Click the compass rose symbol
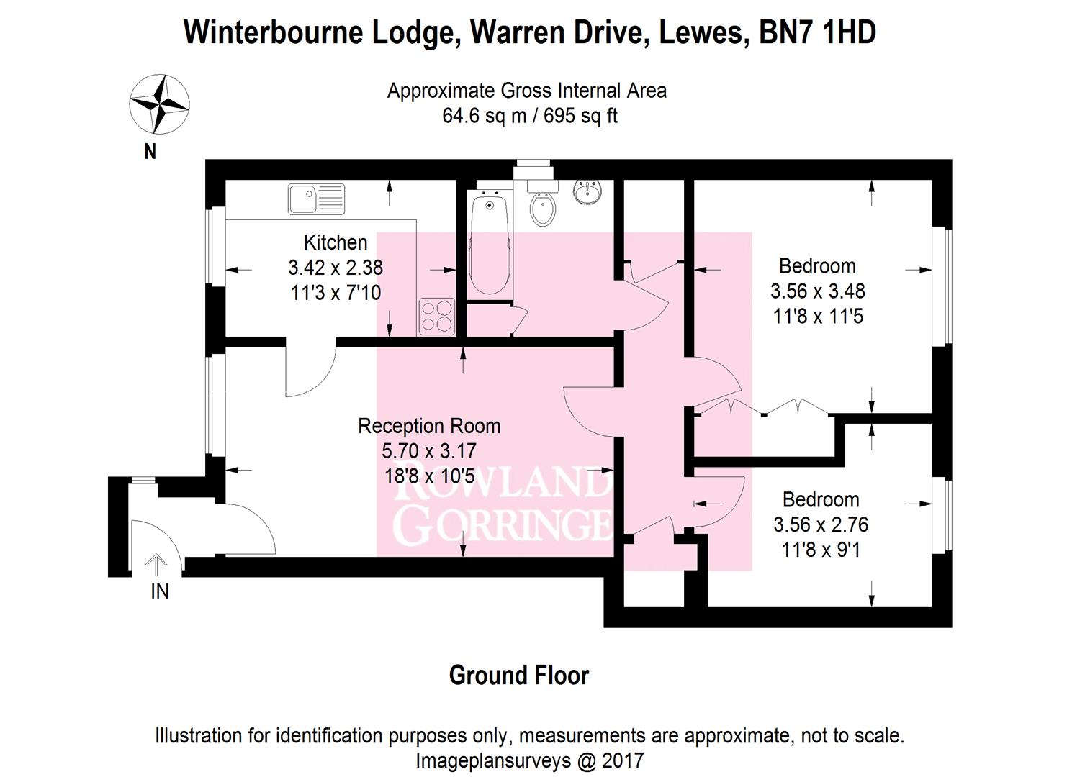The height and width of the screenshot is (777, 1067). coord(159,104)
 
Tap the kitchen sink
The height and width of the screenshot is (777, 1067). coord(317,199)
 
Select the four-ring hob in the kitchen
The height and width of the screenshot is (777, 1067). coord(437,317)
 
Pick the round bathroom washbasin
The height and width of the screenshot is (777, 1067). coord(587,192)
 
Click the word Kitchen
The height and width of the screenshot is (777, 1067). coord(336,242)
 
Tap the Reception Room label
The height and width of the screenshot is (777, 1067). coord(429,426)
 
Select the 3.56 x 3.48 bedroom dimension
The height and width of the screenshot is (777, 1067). coord(818,291)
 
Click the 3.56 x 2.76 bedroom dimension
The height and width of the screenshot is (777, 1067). coord(821,525)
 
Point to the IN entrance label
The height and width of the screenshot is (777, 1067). coord(159,591)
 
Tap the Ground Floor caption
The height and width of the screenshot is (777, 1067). coord(519,676)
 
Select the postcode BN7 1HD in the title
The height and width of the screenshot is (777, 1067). coord(818,33)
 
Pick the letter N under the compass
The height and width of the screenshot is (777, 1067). coord(150,152)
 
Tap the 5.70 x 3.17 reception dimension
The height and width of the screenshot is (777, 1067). coord(429,451)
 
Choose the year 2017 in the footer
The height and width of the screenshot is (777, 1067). coord(623,760)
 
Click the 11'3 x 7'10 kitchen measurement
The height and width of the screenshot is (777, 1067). coord(336,293)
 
